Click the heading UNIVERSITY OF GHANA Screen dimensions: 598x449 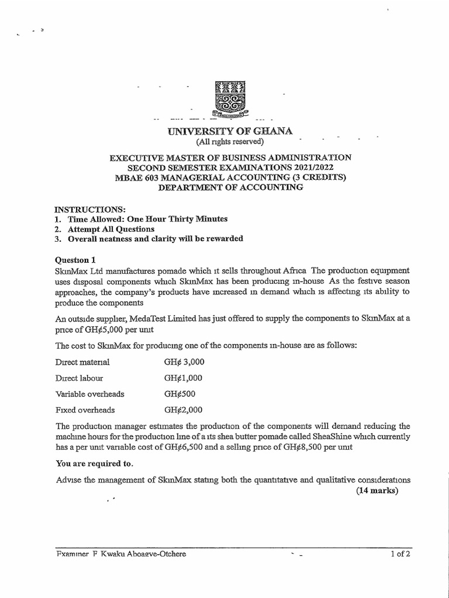click(x=230, y=131)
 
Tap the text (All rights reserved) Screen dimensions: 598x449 click(x=229, y=141)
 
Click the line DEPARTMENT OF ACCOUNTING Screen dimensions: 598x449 click(x=230, y=187)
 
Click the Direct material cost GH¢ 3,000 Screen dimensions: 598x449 click(x=184, y=362)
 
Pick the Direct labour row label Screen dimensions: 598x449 click(x=79, y=378)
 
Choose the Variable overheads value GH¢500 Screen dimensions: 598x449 click(x=180, y=394)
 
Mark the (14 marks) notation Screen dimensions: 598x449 click(x=377, y=491)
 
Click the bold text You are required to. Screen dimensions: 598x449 click(x=94, y=464)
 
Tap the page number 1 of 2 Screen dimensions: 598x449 click(x=401, y=554)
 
